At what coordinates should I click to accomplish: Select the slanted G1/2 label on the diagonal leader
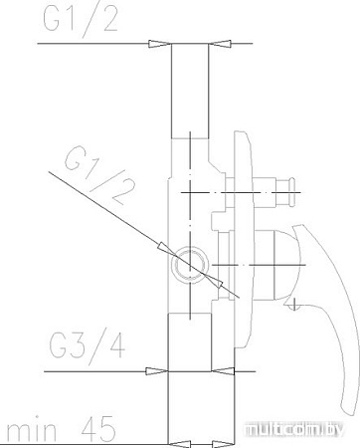click(x=94, y=173)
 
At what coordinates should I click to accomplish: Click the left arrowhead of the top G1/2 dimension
click(x=159, y=44)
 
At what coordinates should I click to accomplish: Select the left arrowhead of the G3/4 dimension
click(x=156, y=371)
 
